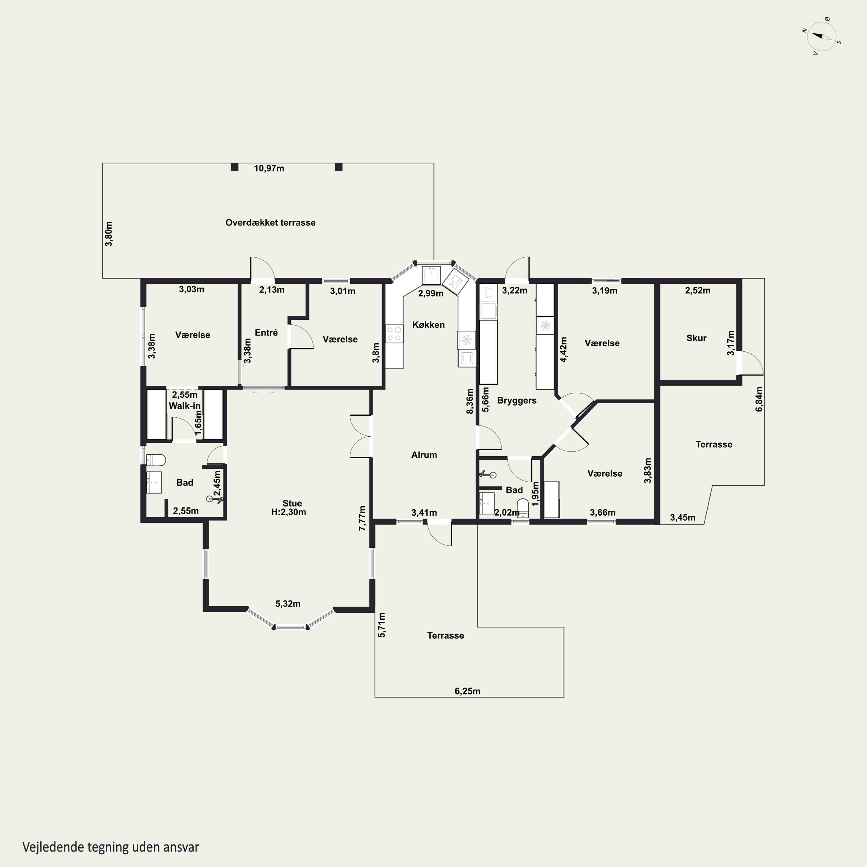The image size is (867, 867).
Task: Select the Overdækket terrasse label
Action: tap(270, 223)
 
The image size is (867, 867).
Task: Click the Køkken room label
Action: tap(429, 325)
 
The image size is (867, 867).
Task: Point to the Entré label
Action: tap(266, 333)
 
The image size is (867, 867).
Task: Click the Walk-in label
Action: tap(184, 406)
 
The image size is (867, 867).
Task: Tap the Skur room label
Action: tap(696, 338)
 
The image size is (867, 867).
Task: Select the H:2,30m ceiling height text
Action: tap(288, 512)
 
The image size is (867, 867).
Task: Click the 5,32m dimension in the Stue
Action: tap(288, 604)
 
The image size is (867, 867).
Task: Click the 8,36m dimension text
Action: tap(470, 401)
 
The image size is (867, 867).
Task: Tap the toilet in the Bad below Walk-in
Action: tap(156, 460)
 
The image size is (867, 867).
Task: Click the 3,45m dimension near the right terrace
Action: tap(683, 517)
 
